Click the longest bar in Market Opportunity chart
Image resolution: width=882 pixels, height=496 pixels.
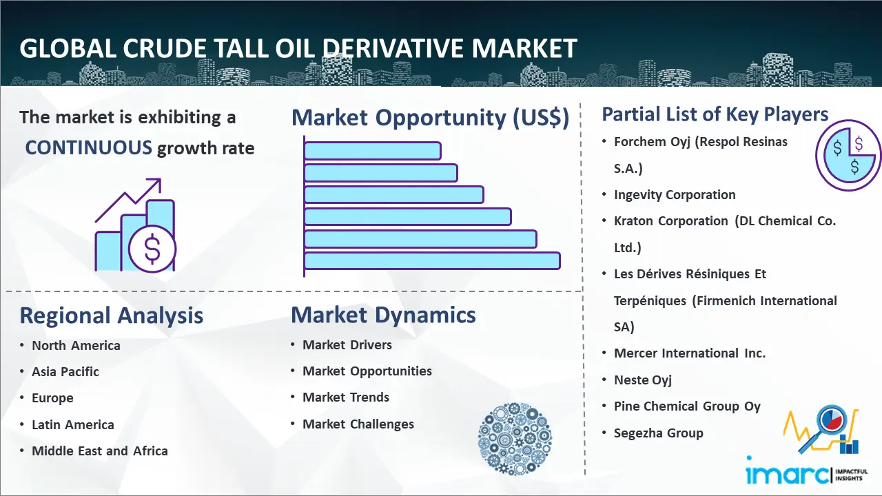[431, 260]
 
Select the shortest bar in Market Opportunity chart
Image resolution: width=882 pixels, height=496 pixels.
[372, 150]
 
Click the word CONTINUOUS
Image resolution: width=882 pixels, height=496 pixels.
[89, 147]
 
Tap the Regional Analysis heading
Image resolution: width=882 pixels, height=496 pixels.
[111, 316]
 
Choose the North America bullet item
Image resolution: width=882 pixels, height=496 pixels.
[76, 346]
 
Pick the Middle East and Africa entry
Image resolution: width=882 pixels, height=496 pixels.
[99, 451]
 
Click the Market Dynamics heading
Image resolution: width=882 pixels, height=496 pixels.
[383, 315]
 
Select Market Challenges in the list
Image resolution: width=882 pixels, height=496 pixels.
[358, 424]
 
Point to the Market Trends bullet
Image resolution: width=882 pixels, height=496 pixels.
[346, 397]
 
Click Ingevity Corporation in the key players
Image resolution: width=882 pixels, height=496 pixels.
[675, 195]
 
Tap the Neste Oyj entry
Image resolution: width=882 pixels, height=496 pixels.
[642, 380]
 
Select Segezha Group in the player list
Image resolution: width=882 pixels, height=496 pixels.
[658, 433]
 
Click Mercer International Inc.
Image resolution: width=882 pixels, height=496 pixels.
[689, 353]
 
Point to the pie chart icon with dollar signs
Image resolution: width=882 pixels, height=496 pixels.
[848, 156]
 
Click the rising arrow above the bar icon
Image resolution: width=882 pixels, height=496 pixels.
[131, 199]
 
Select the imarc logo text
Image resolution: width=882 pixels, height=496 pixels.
[788, 474]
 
